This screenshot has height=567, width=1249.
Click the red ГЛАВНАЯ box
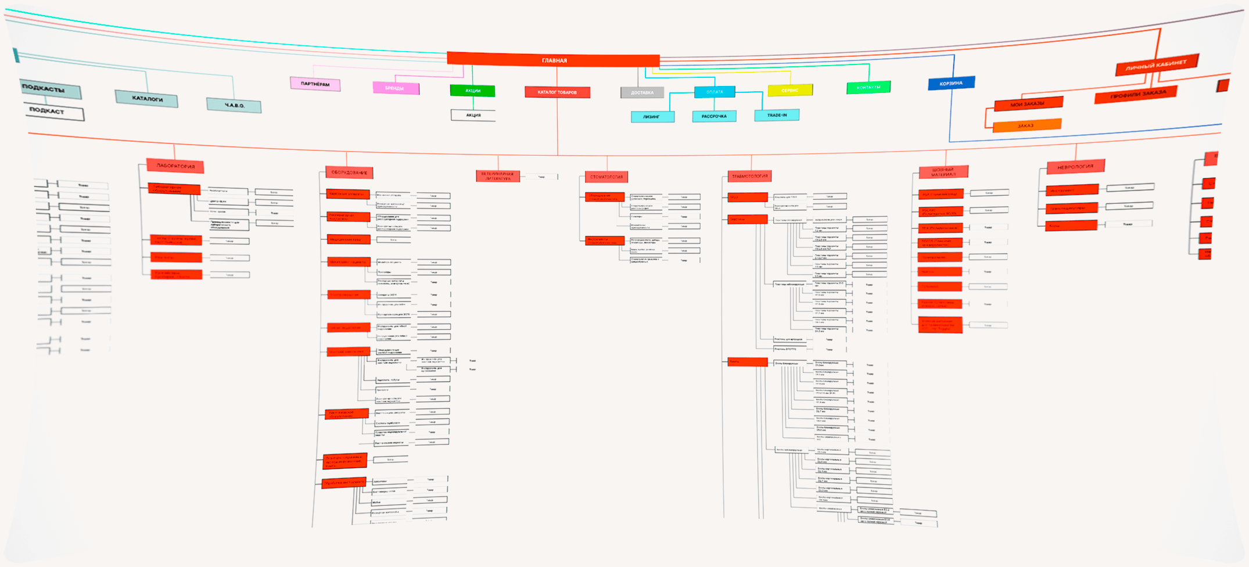tap(553, 60)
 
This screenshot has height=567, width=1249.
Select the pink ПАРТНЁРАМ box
tap(315, 84)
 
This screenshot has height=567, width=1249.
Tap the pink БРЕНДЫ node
tap(396, 88)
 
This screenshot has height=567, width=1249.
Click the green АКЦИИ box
tap(472, 91)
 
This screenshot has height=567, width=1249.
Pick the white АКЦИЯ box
tap(473, 115)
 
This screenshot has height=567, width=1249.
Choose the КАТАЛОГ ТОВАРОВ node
tap(557, 92)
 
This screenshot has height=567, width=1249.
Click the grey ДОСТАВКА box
tap(642, 92)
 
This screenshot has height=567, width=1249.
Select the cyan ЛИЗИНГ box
tap(652, 117)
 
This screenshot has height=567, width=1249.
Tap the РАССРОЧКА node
tap(714, 116)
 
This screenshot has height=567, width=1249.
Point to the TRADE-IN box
tap(777, 115)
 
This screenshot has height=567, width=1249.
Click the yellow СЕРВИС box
tap(790, 91)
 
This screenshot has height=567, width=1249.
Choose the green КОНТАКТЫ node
tap(868, 88)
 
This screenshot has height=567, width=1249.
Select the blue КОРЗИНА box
tap(951, 84)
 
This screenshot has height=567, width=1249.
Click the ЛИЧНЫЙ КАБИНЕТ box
tap(1156, 65)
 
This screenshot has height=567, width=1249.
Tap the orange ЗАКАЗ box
tap(1027, 125)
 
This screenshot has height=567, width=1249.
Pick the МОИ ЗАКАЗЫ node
tap(1028, 104)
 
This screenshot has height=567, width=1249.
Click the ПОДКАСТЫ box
tap(49, 89)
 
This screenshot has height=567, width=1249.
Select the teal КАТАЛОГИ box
tap(146, 99)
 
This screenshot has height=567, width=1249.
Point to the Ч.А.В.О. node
tap(234, 106)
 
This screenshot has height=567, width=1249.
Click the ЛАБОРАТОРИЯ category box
tap(175, 166)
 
